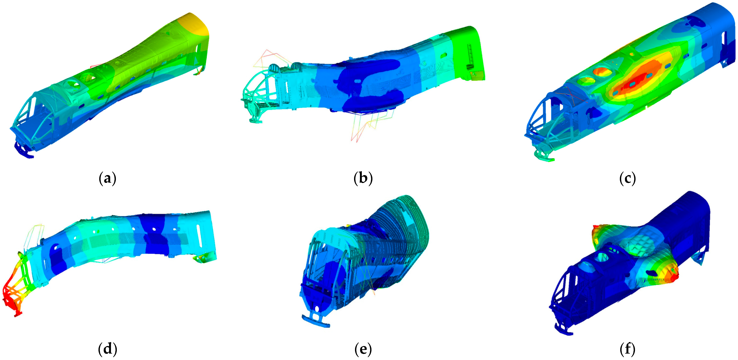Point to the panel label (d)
pyautogui.click(x=107, y=349)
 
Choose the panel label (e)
pyautogui.click(x=363, y=349)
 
